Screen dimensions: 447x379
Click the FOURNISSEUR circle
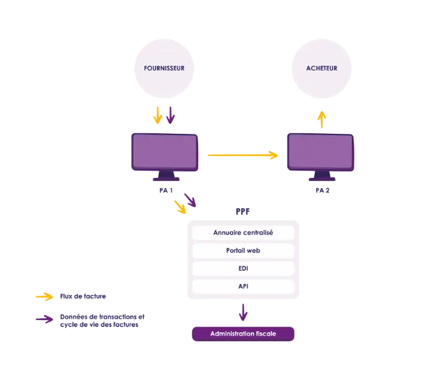click(x=164, y=69)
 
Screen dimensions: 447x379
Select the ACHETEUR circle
click(x=321, y=69)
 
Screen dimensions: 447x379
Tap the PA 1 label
click(x=166, y=190)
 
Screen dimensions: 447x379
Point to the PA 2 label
click(x=323, y=190)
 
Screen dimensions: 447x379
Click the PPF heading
click(x=243, y=211)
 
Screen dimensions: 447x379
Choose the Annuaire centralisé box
click(x=243, y=233)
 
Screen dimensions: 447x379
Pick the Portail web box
click(x=243, y=251)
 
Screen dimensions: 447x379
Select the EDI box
click(x=243, y=268)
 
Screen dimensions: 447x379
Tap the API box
click(x=243, y=287)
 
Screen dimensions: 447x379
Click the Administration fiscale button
click(x=243, y=334)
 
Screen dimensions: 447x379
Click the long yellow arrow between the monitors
click(x=242, y=155)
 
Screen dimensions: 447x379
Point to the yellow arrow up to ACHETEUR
click(x=322, y=120)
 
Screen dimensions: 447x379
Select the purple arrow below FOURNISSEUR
click(x=170, y=115)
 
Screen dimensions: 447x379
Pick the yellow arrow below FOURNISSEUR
click(x=157, y=115)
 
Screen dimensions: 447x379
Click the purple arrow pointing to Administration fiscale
click(x=243, y=312)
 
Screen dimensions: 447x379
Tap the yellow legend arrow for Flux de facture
click(x=45, y=296)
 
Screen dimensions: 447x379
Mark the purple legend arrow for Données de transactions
click(x=45, y=319)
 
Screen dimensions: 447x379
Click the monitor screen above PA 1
click(x=165, y=151)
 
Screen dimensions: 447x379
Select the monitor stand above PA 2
click(x=322, y=176)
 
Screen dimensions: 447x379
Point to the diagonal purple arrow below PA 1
click(x=190, y=200)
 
